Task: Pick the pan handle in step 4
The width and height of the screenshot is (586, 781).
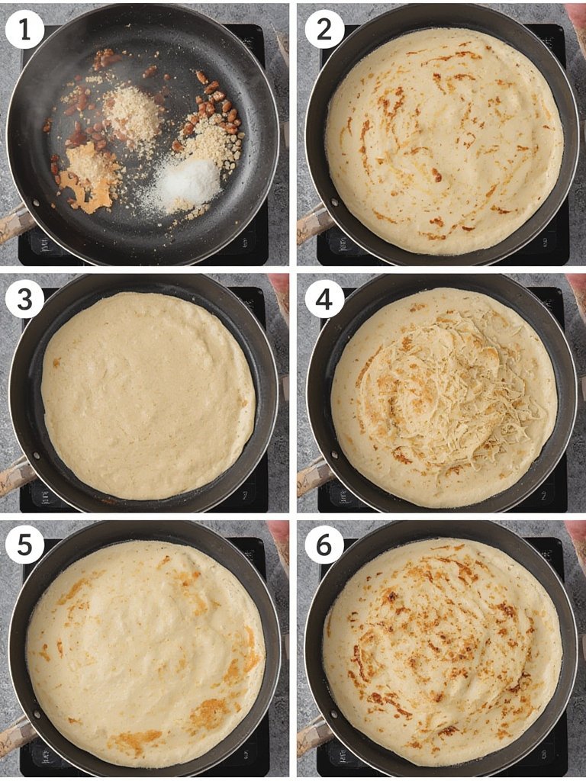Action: [311, 477]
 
